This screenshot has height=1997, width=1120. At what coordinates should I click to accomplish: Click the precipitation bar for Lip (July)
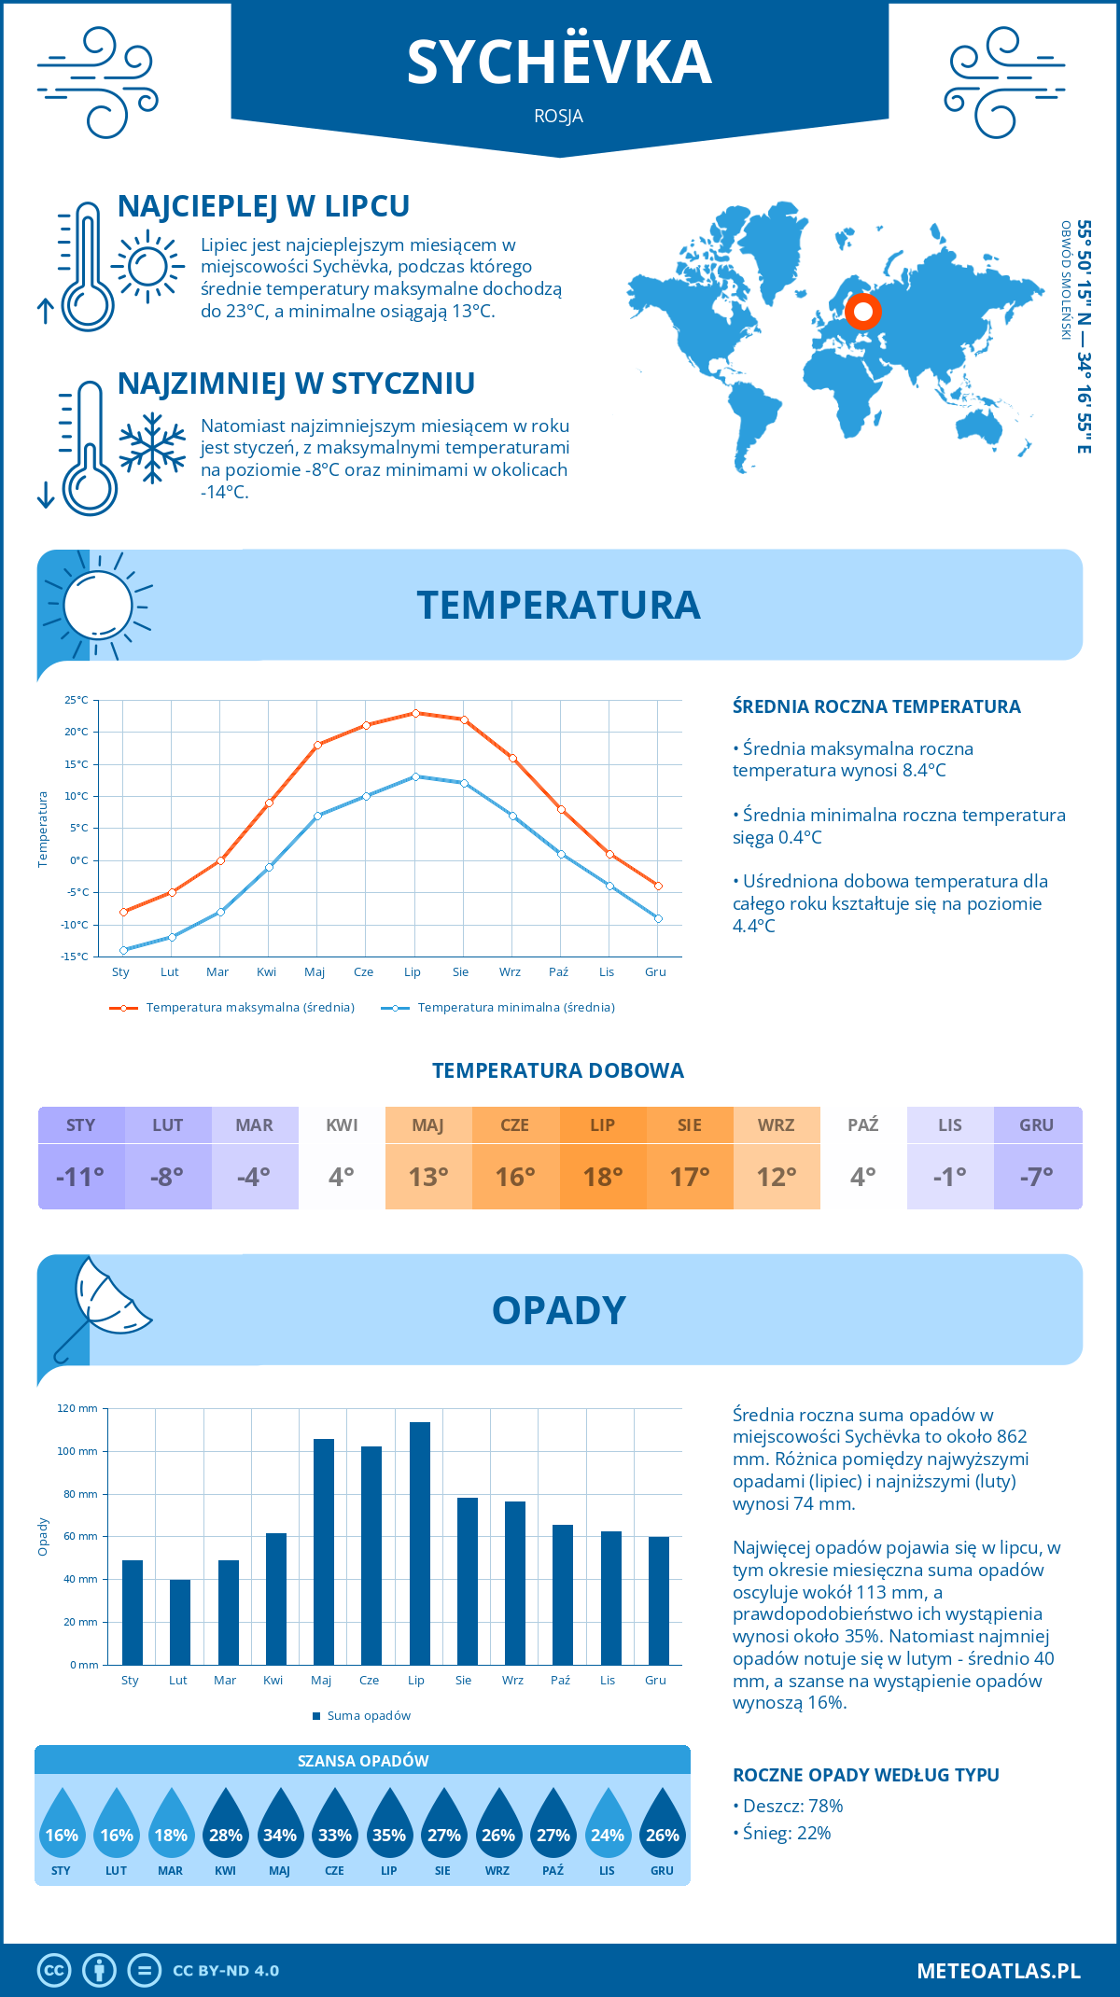[x=420, y=1543]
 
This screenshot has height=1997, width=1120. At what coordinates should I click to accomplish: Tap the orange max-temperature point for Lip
[x=415, y=713]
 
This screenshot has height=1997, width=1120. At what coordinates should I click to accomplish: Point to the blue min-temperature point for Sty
[x=123, y=950]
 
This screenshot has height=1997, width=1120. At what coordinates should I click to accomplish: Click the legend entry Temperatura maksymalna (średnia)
[x=232, y=1008]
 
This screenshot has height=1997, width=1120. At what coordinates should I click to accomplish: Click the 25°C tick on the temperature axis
[x=77, y=700]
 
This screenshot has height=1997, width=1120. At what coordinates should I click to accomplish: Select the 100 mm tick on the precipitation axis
[x=77, y=1451]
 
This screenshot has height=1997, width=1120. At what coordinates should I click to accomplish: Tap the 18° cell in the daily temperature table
[x=603, y=1177]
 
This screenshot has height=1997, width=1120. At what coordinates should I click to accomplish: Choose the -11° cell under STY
[x=81, y=1177]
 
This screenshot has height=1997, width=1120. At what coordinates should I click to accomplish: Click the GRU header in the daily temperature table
[x=1037, y=1125]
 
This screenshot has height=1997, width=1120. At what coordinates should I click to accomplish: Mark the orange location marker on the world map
[x=863, y=312]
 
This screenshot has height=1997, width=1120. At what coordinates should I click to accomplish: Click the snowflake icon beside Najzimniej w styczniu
[x=152, y=448]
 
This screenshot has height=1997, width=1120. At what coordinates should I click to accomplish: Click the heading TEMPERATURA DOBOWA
[x=558, y=1071]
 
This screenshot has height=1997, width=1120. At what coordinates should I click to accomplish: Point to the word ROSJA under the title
[x=559, y=117]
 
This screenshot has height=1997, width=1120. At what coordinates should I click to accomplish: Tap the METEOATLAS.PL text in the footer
[x=999, y=1971]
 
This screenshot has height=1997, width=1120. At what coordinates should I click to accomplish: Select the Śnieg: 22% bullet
[x=782, y=1834]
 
